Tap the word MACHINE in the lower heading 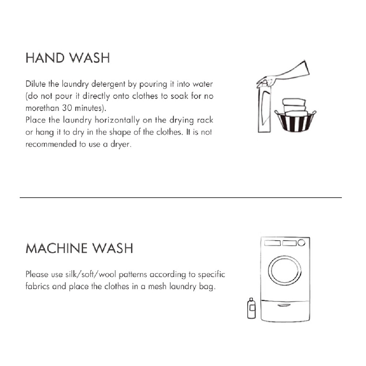pyautogui.click(x=56, y=249)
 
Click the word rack pyautogui.click(x=206, y=120)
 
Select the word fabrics pyautogui.click(x=38, y=287)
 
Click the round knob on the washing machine pyautogui.click(x=301, y=243)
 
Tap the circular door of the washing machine pyautogui.click(x=285, y=270)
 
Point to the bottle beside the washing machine pyautogui.click(x=251, y=308)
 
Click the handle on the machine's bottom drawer pyautogui.click(x=284, y=305)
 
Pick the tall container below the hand pyautogui.click(x=264, y=110)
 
